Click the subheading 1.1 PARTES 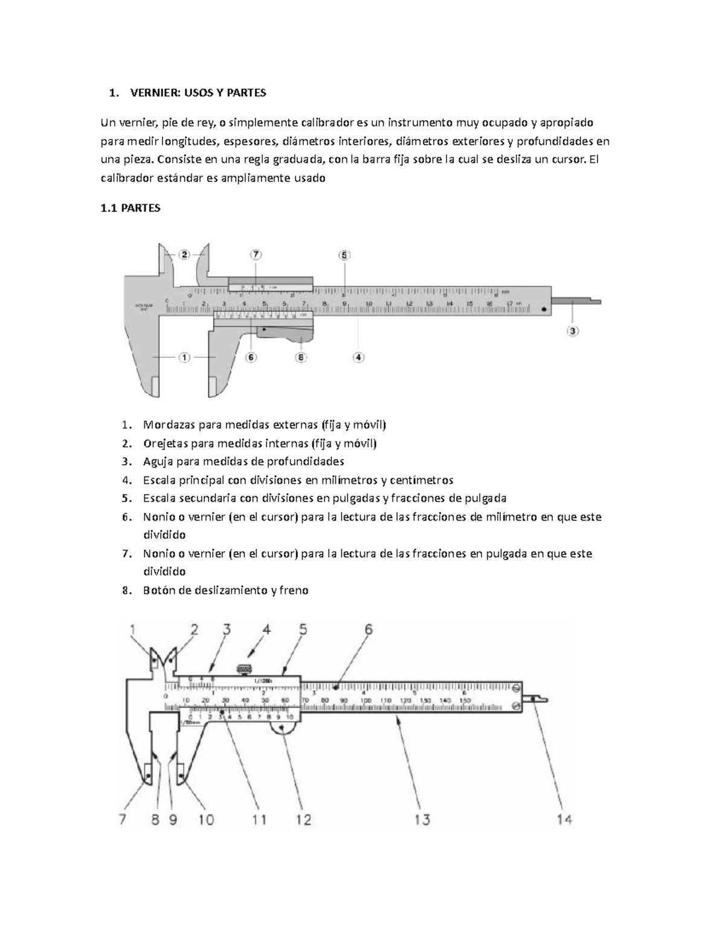coord(130,208)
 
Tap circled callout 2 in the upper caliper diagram coord(184,255)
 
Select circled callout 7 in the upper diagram coord(256,255)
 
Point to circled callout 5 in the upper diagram coord(344,255)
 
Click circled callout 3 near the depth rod coord(572,331)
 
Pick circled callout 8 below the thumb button coord(301,357)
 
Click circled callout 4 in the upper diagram coord(359,357)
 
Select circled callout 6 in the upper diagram coord(251,357)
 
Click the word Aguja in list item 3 coord(157,461)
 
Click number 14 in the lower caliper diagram coord(564,820)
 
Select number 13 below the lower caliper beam coord(422,820)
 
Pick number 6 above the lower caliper coord(368,630)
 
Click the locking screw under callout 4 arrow coord(243,669)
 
